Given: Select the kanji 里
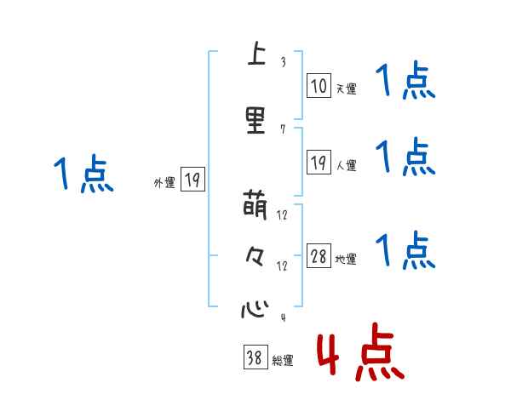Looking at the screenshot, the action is click(x=254, y=120).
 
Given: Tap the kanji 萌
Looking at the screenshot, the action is click(x=254, y=206).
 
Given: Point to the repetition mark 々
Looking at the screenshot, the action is click(x=254, y=257).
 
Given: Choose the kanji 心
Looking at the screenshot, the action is click(x=254, y=308).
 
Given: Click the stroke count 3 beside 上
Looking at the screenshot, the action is click(x=282, y=62).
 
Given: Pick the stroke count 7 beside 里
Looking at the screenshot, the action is click(x=282, y=129).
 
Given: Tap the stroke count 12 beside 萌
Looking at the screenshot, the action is click(x=283, y=214).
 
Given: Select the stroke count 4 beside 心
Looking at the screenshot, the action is click(x=282, y=318).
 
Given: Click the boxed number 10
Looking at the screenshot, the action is click(x=319, y=85).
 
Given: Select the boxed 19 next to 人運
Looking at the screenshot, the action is click(x=319, y=163).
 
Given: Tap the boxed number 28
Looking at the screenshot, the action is click(x=319, y=256).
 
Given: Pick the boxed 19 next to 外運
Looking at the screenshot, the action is click(x=192, y=179).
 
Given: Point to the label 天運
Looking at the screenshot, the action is click(x=346, y=89).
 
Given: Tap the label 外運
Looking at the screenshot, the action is click(x=164, y=182).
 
